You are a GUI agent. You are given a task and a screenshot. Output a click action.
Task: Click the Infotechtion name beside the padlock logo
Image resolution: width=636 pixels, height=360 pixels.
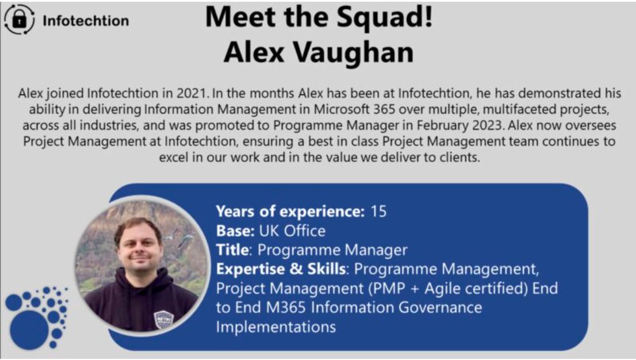86,21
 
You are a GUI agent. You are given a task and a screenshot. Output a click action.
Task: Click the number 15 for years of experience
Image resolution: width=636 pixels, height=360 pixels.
379,212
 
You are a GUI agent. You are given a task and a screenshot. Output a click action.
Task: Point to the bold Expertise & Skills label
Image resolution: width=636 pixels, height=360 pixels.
281,269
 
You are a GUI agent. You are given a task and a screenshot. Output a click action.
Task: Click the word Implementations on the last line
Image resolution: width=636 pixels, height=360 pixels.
275,327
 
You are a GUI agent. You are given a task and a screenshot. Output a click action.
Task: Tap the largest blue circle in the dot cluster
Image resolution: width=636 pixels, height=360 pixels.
29,328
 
